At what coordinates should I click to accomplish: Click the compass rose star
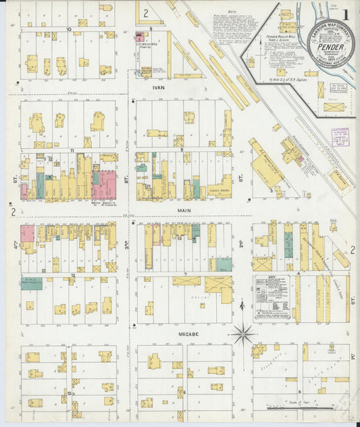click(x=243, y=333)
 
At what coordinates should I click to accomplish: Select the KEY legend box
click(x=272, y=297)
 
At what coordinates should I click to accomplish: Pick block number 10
click(x=70, y=30)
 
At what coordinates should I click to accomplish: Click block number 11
click(x=71, y=150)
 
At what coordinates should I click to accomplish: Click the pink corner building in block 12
click(x=27, y=234)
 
